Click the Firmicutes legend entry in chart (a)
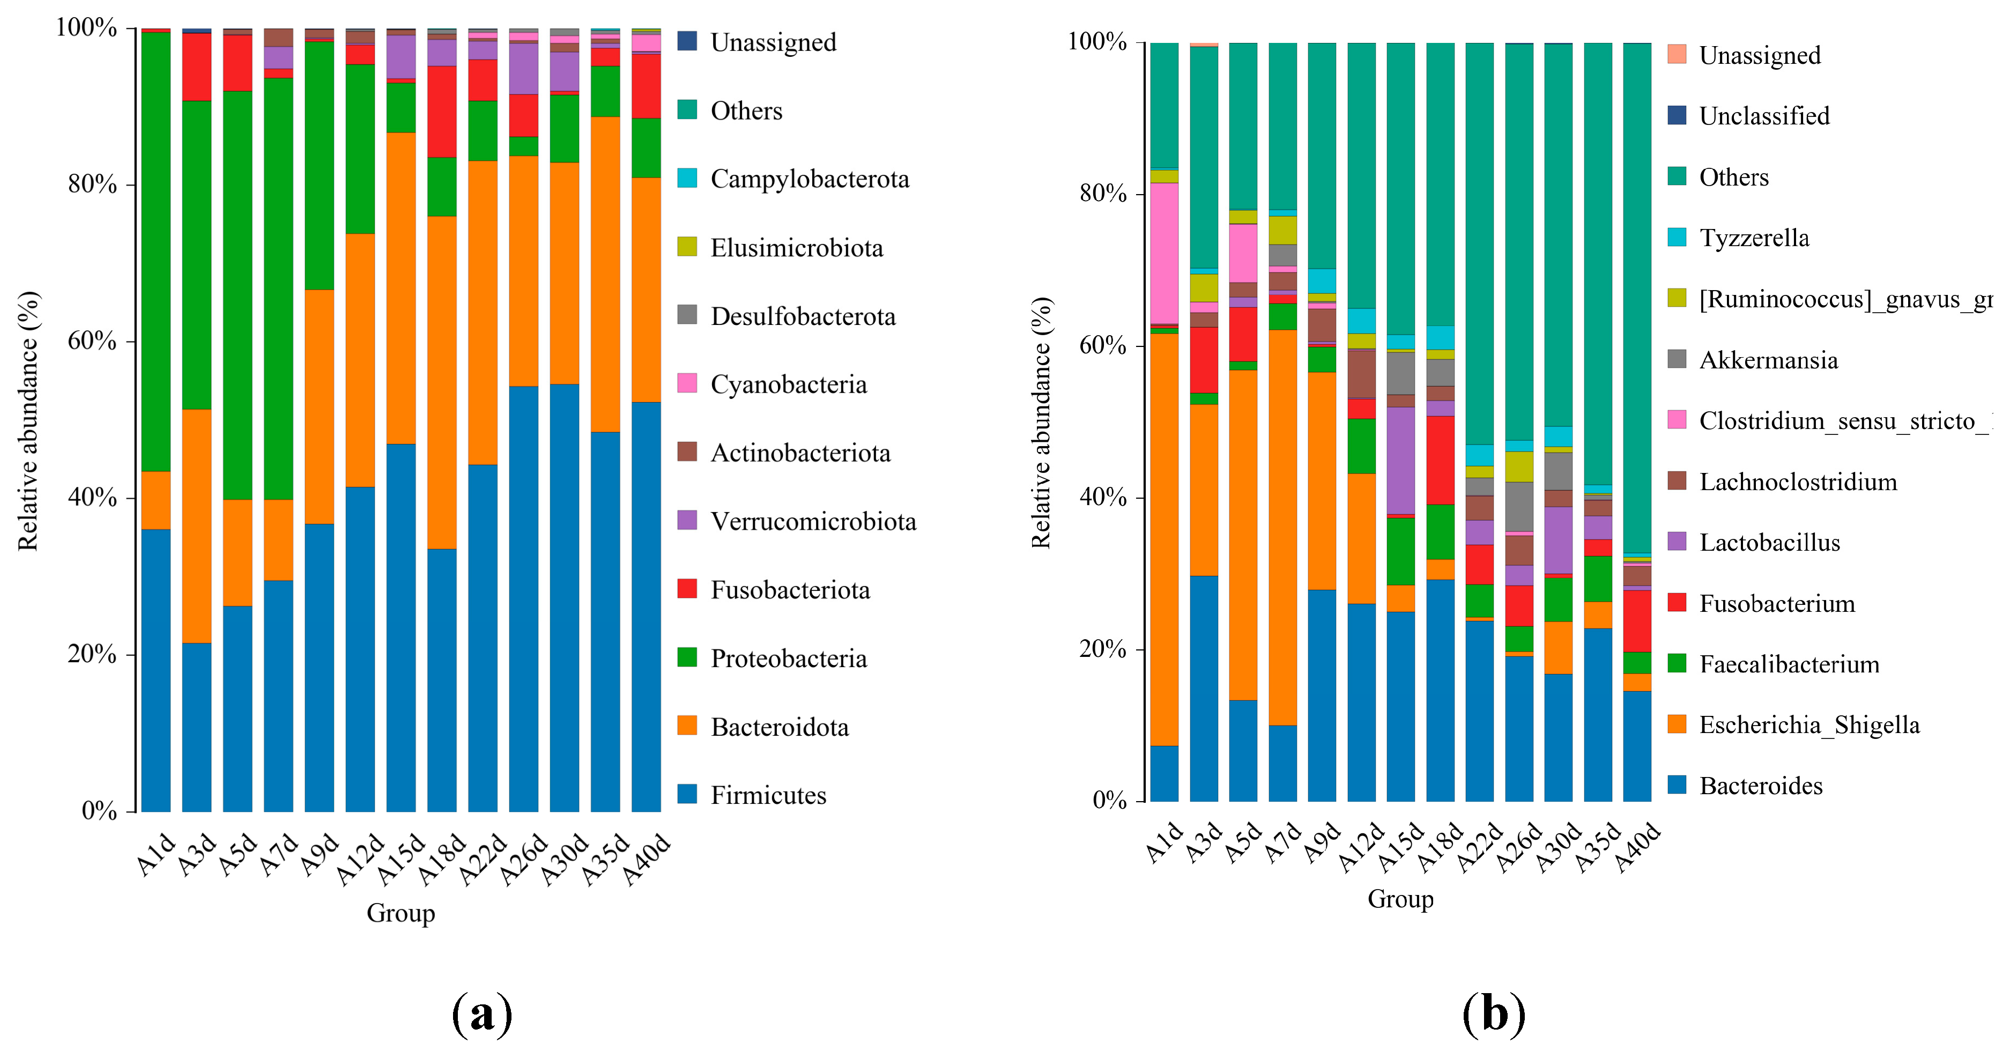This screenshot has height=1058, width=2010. [x=768, y=795]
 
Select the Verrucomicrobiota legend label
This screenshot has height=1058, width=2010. [x=813, y=521]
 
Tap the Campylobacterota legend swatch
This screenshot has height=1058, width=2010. [x=687, y=178]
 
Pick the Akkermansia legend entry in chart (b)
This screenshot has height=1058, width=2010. [x=1768, y=360]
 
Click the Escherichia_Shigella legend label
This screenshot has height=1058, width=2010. [x=1809, y=725]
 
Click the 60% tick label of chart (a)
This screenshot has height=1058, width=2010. [x=92, y=341]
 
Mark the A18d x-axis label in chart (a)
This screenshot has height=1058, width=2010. [x=442, y=860]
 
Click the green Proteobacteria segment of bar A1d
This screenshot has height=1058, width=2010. [x=156, y=250]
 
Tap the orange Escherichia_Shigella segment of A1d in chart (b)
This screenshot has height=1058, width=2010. [x=1164, y=538]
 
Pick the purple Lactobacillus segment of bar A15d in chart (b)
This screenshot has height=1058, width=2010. [x=1400, y=460]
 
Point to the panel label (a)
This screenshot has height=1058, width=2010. [x=482, y=1015]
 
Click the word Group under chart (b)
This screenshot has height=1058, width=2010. [x=1400, y=899]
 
